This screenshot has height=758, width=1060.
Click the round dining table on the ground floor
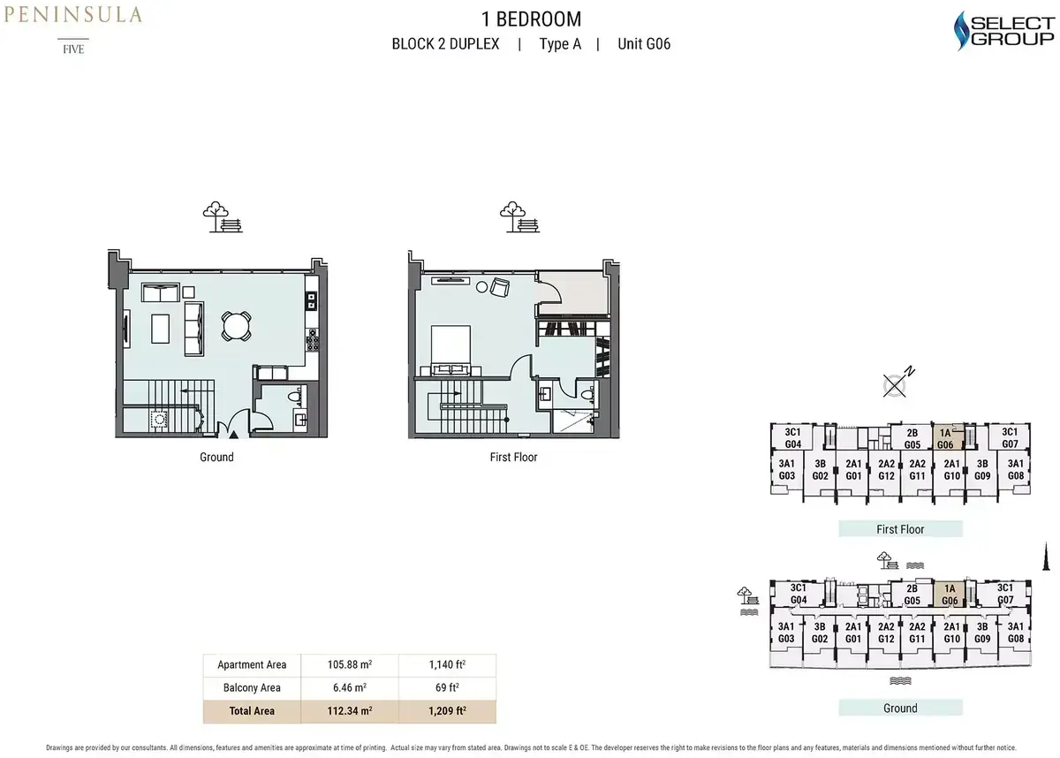pos(236,325)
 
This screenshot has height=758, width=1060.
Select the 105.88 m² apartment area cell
pos(349,664)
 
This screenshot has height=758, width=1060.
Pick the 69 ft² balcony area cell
pos(447,687)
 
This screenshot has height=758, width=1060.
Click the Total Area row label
pos(252,710)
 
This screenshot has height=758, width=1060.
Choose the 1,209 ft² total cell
pos(447,710)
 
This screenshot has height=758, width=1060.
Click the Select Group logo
pos(1004,31)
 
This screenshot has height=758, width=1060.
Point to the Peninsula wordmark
pos(72,15)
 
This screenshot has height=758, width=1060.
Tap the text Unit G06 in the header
pos(644,44)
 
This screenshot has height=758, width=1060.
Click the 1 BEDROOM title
pos(531,19)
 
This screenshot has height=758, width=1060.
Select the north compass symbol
pos(897,383)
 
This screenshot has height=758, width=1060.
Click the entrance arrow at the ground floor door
pos(234,435)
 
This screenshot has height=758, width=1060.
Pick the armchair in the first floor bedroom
pos(500,287)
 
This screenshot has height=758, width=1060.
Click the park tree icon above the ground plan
pos(223,216)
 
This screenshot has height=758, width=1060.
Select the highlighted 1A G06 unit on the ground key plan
pos(949,595)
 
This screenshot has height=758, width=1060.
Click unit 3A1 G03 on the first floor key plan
pos(786,469)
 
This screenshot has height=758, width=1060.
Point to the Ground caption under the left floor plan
pos(216,457)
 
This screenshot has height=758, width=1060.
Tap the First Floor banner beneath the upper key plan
pos(900,529)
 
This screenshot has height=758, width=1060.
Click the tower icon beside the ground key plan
pos(1046,557)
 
